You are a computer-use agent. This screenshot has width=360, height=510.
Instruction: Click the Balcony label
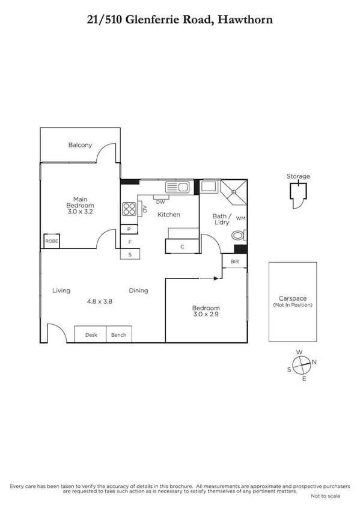point(80,145)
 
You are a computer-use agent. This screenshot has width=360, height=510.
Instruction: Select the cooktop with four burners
point(129,209)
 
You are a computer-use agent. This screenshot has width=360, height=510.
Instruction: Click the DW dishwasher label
point(160,202)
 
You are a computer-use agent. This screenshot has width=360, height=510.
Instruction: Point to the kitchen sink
point(178,188)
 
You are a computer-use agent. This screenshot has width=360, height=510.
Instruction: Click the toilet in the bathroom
point(239,236)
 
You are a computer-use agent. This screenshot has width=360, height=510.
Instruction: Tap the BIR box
point(234,262)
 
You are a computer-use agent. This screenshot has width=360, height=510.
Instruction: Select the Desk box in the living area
point(91,334)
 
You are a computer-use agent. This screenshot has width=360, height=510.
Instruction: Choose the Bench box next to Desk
point(118,334)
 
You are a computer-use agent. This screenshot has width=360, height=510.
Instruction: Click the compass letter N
point(314,361)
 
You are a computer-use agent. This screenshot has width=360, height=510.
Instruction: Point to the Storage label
point(298,176)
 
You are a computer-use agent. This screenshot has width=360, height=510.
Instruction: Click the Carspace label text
point(293,298)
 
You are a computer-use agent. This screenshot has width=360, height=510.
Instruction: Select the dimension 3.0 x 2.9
point(206,314)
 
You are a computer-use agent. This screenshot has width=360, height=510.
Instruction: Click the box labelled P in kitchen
point(129,229)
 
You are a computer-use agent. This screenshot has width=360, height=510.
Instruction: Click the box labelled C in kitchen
point(182,247)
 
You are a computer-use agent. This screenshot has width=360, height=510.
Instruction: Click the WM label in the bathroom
point(240,218)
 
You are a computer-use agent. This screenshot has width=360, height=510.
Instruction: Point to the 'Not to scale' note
point(325,496)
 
